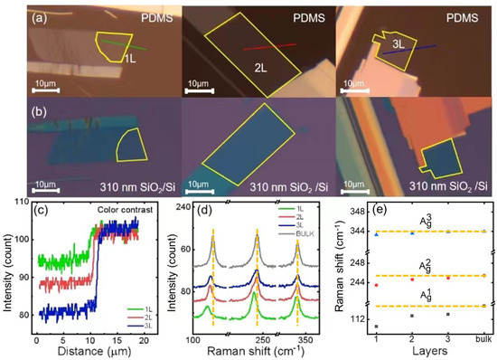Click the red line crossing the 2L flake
pyautogui.click(x=268, y=45)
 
